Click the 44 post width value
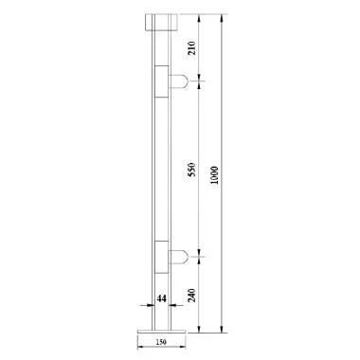[161, 299]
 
